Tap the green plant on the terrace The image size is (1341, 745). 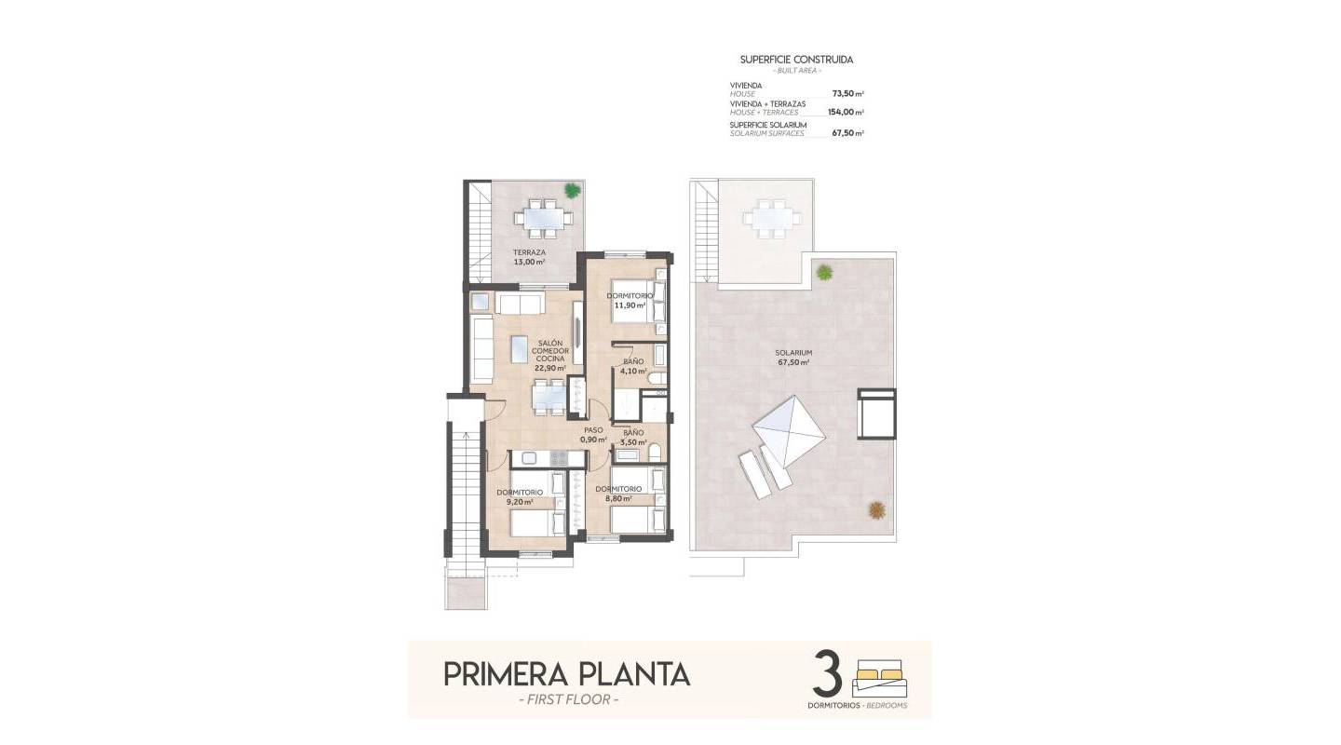pos(572,189)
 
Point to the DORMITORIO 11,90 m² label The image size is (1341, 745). pos(630,300)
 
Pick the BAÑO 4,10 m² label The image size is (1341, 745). pos(633,366)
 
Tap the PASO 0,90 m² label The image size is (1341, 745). pos(593,435)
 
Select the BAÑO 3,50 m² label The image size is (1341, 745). pos(633,438)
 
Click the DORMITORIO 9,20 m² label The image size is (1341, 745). pos(519,496)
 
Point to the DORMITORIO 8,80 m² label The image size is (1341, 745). pos(618,494)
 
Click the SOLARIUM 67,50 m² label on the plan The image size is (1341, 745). pos(792,358)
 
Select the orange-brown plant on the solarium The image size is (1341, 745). pos(876,509)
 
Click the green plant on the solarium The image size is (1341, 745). pos(824,273)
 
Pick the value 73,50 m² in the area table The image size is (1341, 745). pos(847,94)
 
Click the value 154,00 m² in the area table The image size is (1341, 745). pos(845,112)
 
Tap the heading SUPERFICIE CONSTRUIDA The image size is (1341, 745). pos(796,60)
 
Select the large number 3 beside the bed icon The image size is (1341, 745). pos(827,675)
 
